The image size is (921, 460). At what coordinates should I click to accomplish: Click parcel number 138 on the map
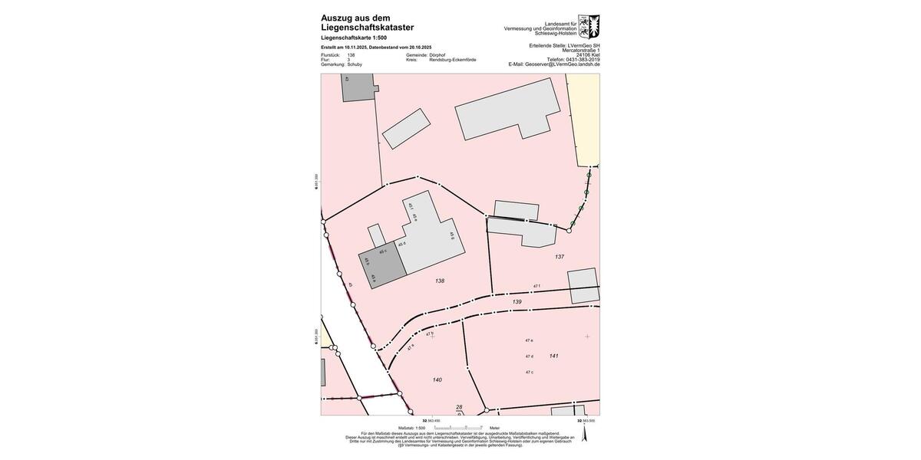coord(440,281)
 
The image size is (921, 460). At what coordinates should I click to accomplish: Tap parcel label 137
coord(560,257)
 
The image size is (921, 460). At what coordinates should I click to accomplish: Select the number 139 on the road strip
coord(517,302)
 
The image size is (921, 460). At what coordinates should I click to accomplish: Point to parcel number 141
coord(553,356)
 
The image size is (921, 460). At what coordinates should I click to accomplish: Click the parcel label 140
coord(437,379)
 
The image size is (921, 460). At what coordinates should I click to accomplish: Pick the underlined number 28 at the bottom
coord(459,407)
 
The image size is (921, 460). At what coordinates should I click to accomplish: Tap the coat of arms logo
coord(589,26)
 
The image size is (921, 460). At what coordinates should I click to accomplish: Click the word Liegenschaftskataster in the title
coord(367,28)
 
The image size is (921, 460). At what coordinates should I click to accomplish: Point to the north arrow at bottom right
coord(584,434)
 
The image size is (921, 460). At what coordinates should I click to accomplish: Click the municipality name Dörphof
coord(437,55)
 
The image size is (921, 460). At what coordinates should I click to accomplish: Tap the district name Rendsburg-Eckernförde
coord(452,60)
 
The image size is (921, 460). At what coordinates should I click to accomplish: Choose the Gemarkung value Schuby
coord(355,64)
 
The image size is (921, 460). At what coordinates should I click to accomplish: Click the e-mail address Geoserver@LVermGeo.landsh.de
coord(562,64)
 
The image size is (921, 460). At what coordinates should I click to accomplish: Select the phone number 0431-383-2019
coord(583,60)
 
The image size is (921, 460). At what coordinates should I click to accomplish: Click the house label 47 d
coord(529,356)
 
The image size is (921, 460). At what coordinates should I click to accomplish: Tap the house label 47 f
coord(536,286)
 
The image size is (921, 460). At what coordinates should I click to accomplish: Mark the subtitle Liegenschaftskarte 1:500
coord(354,38)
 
